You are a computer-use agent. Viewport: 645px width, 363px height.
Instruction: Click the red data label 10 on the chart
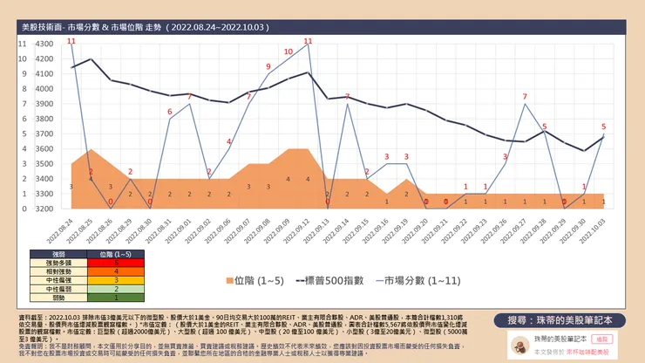(288, 51)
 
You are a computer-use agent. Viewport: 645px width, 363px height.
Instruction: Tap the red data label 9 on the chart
(268, 66)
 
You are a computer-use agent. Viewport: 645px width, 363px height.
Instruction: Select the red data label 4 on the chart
(229, 141)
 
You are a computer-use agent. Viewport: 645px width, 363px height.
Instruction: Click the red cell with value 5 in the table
(116, 263)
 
